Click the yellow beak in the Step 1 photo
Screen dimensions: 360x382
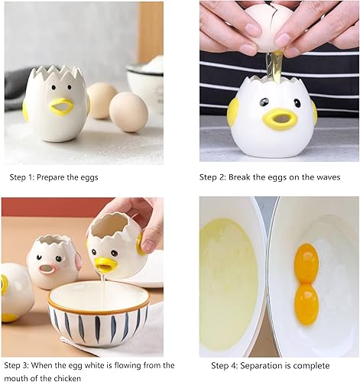click(61, 105)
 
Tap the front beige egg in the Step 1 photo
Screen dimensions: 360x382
click(128, 112)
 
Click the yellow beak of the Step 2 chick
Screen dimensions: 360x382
click(281, 119)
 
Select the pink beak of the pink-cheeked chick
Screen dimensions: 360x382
click(47, 269)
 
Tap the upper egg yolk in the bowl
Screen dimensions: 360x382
click(306, 264)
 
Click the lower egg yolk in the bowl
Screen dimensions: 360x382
click(306, 305)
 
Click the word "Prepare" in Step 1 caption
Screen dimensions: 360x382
click(50, 177)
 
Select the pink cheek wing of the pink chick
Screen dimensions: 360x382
click(78, 261)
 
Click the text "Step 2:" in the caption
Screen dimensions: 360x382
click(212, 177)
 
